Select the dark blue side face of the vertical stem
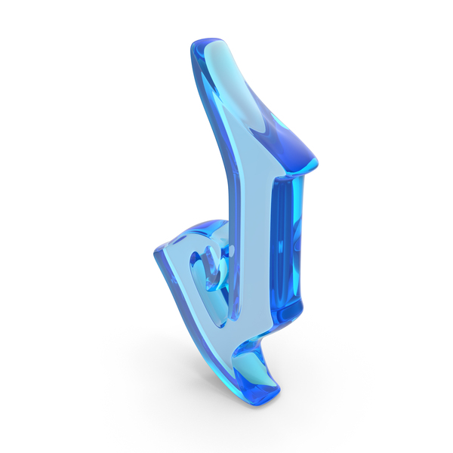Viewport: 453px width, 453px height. pyautogui.click(x=286, y=245)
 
